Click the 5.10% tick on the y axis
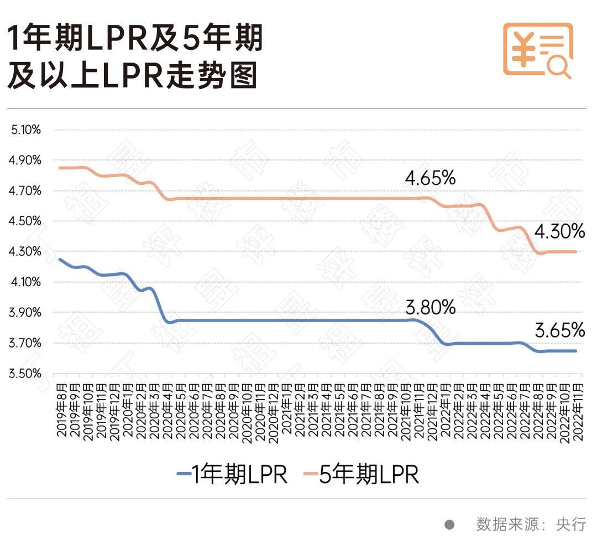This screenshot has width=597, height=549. [25, 130]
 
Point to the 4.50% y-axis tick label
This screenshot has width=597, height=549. [25, 221]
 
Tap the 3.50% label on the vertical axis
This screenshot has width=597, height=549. [25, 374]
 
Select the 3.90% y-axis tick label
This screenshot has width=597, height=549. [25, 313]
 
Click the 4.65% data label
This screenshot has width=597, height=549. [430, 179]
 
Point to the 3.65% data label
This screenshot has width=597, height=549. [559, 331]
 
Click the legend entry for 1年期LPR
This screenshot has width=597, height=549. [232, 474]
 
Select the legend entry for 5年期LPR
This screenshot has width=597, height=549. [362, 474]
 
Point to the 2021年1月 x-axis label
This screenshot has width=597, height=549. [287, 410]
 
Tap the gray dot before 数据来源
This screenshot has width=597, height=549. [450, 524]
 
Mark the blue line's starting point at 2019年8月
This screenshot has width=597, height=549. [59, 259]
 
